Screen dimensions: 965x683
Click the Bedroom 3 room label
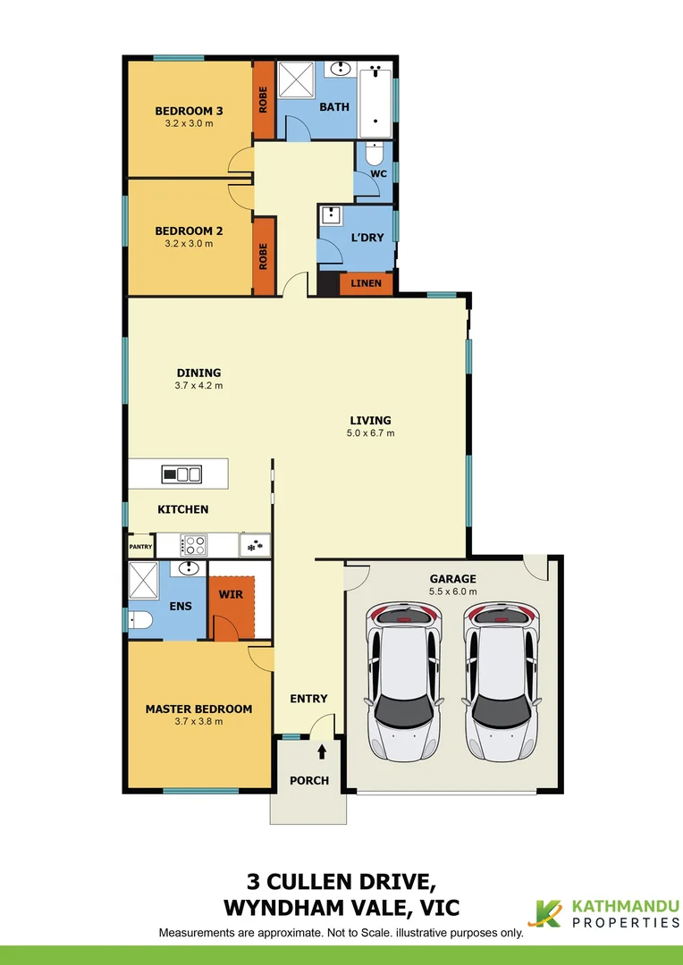[x=189, y=111]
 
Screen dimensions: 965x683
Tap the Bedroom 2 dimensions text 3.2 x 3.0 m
[x=189, y=243]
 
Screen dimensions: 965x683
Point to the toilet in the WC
[x=375, y=153]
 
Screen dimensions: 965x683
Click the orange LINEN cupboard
[x=366, y=283]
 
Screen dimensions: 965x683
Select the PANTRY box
[x=140, y=546]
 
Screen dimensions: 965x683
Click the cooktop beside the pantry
[x=194, y=544]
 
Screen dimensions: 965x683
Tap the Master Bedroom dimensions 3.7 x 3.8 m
[x=198, y=722]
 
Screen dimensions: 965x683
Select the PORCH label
[x=308, y=780]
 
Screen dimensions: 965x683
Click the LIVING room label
[x=370, y=420]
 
